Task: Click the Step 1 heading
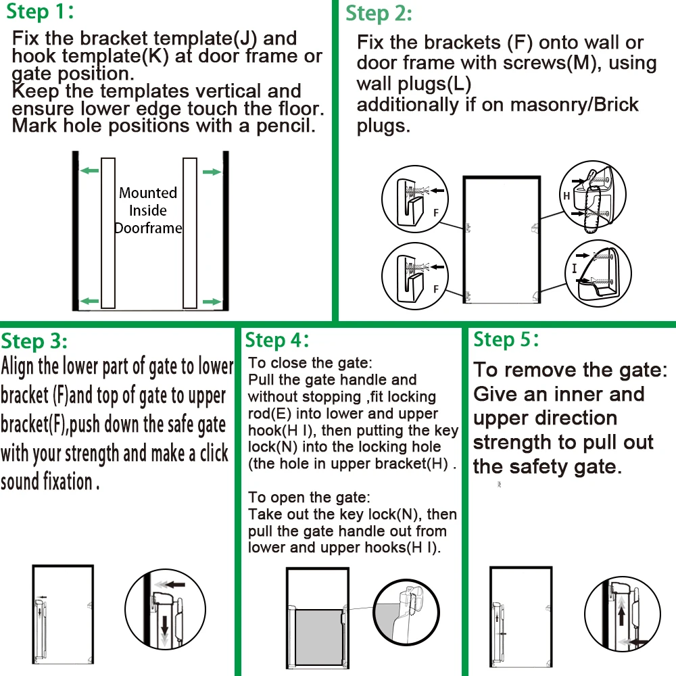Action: (40, 11)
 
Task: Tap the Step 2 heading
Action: (379, 14)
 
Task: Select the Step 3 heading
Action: (34, 341)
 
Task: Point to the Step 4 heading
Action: (277, 341)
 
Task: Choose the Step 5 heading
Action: (506, 340)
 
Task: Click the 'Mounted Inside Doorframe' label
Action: (148, 210)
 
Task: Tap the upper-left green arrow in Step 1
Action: (90, 171)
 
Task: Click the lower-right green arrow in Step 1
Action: (212, 301)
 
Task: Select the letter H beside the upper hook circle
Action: (566, 196)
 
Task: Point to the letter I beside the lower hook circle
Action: (574, 268)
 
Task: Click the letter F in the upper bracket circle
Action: (436, 212)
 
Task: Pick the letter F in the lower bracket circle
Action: (436, 289)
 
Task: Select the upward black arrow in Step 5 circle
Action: (621, 614)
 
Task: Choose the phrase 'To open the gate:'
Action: (309, 498)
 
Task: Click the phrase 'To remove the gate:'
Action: (571, 370)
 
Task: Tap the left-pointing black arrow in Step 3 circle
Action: (175, 585)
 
